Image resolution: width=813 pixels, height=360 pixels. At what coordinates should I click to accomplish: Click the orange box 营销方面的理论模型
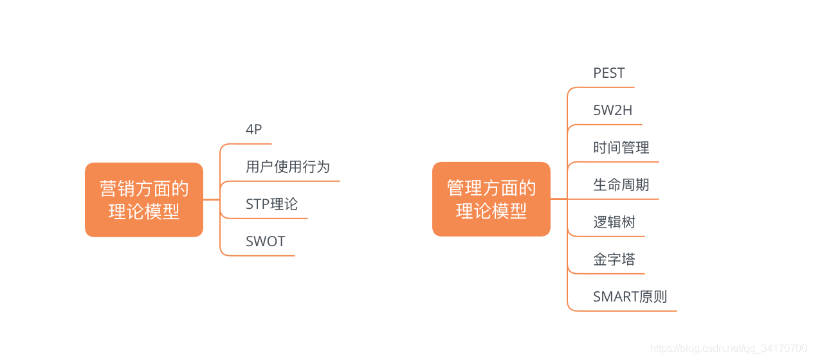(x=144, y=200)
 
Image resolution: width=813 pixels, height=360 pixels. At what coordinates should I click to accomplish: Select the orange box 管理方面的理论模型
(x=491, y=199)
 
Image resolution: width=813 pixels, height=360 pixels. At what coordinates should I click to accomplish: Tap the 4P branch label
(x=254, y=129)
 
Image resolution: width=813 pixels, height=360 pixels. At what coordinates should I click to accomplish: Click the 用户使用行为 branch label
(x=288, y=166)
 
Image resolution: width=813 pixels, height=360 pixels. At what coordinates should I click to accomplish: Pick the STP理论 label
(x=271, y=204)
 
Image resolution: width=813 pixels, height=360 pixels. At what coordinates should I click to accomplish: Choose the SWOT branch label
(x=265, y=241)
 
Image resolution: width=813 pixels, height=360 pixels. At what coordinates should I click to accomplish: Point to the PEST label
(x=608, y=73)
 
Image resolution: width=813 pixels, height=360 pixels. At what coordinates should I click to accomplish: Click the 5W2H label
(x=612, y=111)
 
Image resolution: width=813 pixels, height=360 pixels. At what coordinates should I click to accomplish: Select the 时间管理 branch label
(x=621, y=148)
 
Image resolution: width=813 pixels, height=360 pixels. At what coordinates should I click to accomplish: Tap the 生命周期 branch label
(x=621, y=185)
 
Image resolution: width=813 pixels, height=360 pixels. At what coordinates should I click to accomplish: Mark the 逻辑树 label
(x=614, y=222)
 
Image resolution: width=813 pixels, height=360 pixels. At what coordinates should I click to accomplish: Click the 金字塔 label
(x=614, y=260)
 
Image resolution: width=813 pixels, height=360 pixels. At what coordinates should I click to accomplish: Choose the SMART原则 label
(x=630, y=297)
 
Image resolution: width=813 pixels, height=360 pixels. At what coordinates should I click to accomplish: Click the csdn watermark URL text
(x=729, y=348)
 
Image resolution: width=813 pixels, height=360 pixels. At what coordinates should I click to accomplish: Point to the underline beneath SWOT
(x=264, y=256)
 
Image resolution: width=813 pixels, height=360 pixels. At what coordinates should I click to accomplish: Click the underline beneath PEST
(x=608, y=87)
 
